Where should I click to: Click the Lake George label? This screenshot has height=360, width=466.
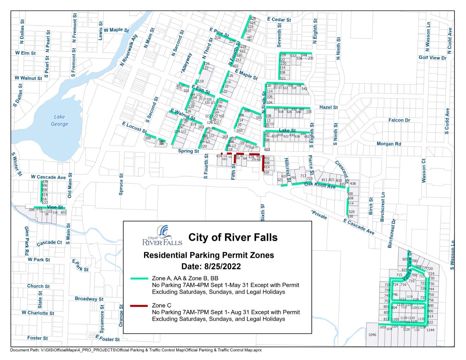click(59, 120)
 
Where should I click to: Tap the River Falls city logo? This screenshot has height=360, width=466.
click(162, 236)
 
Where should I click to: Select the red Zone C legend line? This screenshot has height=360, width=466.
click(139, 305)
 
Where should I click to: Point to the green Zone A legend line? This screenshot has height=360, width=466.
click(139, 278)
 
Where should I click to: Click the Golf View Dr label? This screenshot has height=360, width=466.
click(432, 58)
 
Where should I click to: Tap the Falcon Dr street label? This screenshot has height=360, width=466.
click(399, 120)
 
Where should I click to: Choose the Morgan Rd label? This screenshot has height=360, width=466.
click(389, 144)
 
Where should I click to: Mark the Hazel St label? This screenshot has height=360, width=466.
click(328, 107)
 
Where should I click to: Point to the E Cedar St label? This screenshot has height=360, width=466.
click(279, 20)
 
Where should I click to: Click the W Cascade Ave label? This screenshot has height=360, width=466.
click(48, 177)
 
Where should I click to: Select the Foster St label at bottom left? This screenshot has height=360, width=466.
click(37, 338)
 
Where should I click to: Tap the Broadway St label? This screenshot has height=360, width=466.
click(89, 299)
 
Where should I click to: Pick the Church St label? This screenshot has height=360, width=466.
click(38, 286)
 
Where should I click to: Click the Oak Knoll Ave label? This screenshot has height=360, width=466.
click(320, 185)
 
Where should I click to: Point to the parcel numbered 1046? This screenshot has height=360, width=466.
click(372, 335)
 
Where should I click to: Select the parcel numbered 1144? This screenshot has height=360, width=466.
click(430, 330)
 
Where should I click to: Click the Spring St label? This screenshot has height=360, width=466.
click(188, 151)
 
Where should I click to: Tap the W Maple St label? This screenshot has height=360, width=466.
click(116, 30)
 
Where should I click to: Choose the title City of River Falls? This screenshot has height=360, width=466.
click(233, 237)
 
